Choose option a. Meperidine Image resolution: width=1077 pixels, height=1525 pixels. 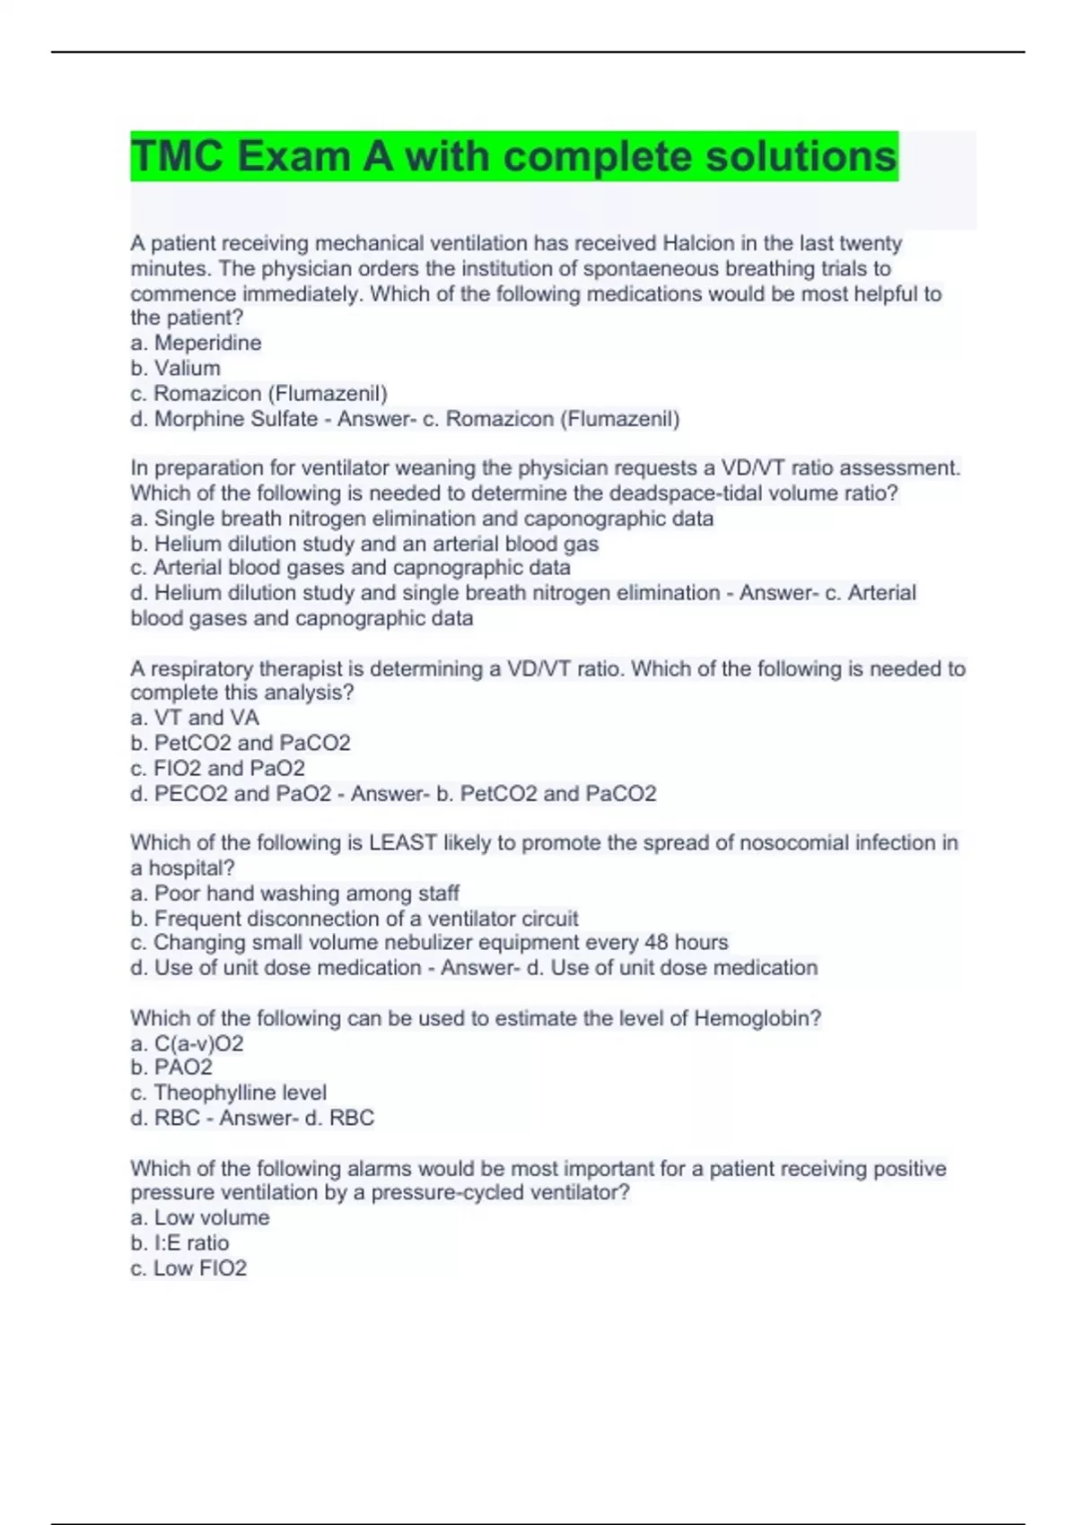tap(196, 343)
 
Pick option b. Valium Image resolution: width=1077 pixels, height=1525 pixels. tap(175, 368)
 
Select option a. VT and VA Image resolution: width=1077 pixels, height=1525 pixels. tap(195, 718)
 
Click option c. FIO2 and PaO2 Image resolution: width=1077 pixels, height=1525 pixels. tap(217, 768)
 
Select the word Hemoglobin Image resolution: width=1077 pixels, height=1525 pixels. tap(757, 1018)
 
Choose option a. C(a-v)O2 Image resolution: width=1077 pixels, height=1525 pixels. tap(187, 1043)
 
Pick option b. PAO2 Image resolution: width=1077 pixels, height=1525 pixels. tap(171, 1067)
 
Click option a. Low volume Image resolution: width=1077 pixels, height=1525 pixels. tap(199, 1217)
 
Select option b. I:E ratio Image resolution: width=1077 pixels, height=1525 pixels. tap(179, 1242)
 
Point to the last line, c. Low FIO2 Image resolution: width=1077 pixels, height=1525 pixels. tap(188, 1268)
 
